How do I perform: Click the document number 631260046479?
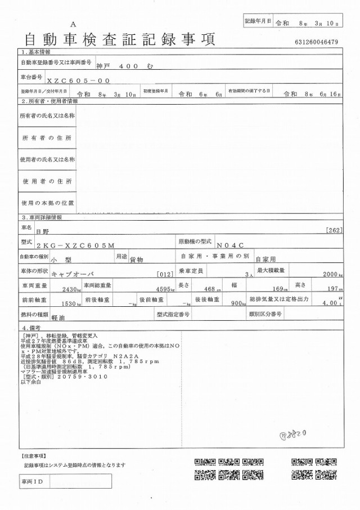click(316, 42)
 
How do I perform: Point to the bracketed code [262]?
click(334, 230)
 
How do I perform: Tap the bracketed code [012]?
click(165, 274)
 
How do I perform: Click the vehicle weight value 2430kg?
click(71, 289)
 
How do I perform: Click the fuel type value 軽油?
click(58, 318)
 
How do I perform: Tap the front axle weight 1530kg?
click(71, 304)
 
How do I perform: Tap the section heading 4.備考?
click(33, 328)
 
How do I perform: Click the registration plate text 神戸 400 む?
click(121, 66)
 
